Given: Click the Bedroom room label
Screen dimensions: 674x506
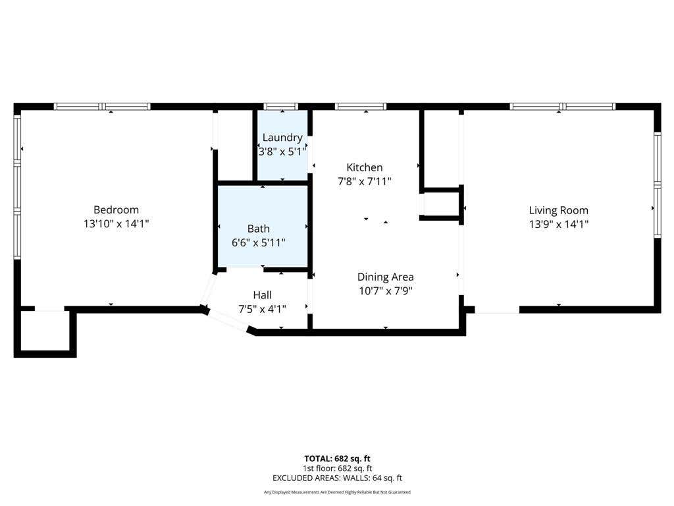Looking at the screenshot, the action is [116, 210].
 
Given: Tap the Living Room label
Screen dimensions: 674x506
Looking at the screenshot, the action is [558, 210].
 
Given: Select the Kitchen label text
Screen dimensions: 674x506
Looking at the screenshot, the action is [365, 167].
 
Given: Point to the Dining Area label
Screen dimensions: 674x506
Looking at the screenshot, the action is [386, 277].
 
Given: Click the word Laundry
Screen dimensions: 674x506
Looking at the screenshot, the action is [282, 138].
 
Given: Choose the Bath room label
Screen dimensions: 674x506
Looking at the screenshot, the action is [258, 229].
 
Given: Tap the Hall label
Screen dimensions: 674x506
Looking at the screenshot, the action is [262, 295].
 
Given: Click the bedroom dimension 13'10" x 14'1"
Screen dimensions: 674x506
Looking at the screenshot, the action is [116, 224].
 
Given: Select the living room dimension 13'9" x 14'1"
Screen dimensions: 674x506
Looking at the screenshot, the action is [558, 224].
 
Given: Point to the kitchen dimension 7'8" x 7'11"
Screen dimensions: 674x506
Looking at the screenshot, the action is [365, 181].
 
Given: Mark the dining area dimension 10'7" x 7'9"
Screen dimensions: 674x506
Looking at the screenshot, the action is [386, 291].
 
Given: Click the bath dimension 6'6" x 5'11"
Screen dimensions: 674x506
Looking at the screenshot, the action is [258, 242].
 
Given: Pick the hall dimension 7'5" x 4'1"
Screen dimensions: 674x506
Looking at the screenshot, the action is [262, 309].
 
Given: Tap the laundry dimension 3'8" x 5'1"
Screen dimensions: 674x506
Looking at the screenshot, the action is [282, 152].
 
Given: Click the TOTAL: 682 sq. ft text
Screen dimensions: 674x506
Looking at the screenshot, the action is [337, 459].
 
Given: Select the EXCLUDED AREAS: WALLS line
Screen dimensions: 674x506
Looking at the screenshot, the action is [337, 478].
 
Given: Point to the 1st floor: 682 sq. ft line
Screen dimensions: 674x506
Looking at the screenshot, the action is [337, 468].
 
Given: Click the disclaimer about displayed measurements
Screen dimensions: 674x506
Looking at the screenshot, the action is [337, 492].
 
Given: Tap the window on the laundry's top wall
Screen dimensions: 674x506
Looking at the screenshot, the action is [280, 106].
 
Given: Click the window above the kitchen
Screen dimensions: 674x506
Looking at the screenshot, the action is [361, 106].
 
